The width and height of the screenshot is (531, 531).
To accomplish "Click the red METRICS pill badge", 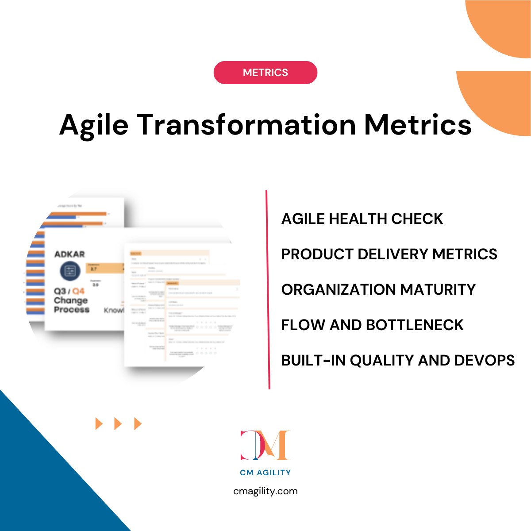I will [x=265, y=73].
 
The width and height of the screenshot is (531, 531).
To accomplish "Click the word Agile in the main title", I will [x=94, y=125].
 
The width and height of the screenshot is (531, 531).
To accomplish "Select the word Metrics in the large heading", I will [x=418, y=124].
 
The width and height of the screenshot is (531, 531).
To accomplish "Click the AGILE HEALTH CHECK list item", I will [x=362, y=219].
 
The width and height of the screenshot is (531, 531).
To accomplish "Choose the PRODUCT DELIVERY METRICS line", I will [x=389, y=254].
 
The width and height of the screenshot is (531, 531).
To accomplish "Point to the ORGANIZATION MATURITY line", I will [x=378, y=289].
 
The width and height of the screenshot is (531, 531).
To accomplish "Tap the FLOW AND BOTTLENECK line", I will [x=372, y=325].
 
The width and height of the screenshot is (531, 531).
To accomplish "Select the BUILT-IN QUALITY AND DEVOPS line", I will [x=398, y=360].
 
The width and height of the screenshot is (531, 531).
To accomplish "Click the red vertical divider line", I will [x=267, y=290].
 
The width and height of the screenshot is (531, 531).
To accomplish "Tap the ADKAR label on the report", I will [x=69, y=254].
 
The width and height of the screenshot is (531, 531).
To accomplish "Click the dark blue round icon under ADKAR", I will [x=70, y=271].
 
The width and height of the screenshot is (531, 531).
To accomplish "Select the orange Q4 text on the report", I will [x=78, y=291].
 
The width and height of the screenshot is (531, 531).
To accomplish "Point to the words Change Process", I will [x=71, y=305].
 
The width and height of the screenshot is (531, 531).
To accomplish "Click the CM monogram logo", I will [x=265, y=445].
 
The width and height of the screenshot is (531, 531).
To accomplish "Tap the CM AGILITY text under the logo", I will [x=265, y=473].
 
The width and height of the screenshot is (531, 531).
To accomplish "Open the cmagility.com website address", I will [x=265, y=491].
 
